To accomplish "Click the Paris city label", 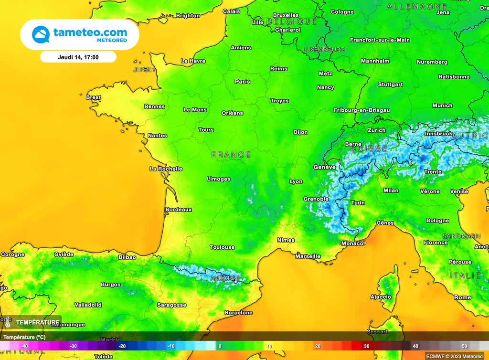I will click(x=242, y=82).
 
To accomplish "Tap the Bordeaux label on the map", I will click(x=178, y=210).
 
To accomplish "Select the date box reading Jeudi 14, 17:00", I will click(x=78, y=57).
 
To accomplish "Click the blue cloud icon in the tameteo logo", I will click(x=41, y=35).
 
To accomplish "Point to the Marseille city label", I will click(x=308, y=256).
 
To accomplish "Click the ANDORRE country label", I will click(x=225, y=278).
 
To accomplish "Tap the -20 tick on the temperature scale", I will click(x=122, y=346).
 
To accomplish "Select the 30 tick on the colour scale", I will click(x=366, y=346).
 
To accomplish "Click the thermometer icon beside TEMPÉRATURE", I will click(x=8, y=322).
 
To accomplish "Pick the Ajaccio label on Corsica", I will click(x=381, y=297).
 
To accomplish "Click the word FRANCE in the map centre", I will click(x=231, y=155).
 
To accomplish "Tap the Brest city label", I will click(x=93, y=97).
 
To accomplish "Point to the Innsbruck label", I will click(x=438, y=134).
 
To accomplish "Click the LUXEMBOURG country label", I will click(x=324, y=50).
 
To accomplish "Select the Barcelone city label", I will click(x=238, y=313).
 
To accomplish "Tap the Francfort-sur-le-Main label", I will click(x=380, y=40).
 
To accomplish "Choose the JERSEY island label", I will click(x=144, y=70).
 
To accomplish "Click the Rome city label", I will click(x=462, y=297).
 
